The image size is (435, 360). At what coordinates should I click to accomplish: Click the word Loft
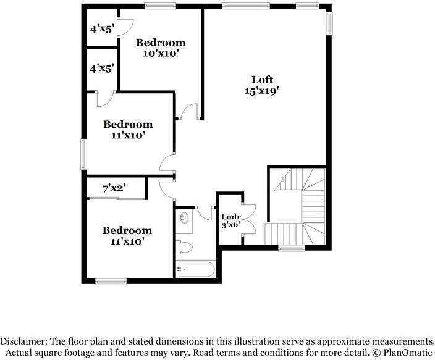[261, 80]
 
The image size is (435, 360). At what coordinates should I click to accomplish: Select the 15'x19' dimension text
[261, 91]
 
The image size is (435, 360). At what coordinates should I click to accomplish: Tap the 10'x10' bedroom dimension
[161, 53]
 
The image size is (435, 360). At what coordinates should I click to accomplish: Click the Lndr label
[230, 217]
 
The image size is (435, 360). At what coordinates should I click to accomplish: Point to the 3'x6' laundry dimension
[230, 226]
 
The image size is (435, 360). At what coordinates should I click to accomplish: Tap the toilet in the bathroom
[185, 248]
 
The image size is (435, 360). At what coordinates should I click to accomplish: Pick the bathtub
[195, 269]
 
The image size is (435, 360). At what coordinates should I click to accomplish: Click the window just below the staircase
[288, 248]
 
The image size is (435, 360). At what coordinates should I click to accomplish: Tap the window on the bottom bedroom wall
[111, 282]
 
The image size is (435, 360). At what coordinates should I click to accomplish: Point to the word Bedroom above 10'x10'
[161, 43]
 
